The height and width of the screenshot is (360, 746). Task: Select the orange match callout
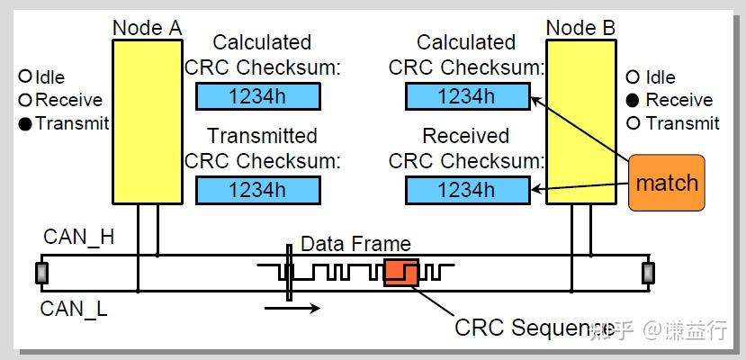[x=666, y=184]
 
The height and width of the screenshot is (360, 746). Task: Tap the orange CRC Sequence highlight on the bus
[x=401, y=272]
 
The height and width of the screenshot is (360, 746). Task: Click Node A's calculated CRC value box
[x=257, y=96]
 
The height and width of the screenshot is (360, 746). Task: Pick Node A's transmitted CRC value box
[x=257, y=190]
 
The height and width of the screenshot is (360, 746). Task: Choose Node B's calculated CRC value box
[x=466, y=96]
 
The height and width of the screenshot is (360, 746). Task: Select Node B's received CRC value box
[x=466, y=190]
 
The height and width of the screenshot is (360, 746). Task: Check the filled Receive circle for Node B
[x=634, y=101]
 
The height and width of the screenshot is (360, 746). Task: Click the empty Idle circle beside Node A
[x=25, y=77]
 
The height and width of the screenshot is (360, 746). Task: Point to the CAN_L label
[x=74, y=310]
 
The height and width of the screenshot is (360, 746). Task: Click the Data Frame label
[x=355, y=244]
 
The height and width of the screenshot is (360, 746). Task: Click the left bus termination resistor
[x=40, y=273]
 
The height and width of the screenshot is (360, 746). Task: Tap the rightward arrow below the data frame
[x=293, y=309]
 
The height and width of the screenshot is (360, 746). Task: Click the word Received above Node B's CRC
[x=466, y=137]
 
